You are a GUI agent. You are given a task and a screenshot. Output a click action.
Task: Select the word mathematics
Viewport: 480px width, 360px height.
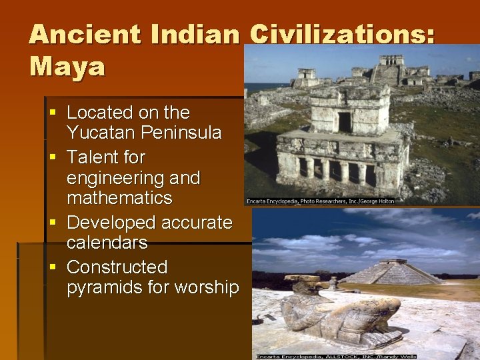[x=119, y=198]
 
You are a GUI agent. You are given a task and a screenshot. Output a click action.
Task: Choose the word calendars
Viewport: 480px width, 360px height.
[x=107, y=242]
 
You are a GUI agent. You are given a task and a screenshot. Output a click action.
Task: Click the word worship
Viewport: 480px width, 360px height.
[x=207, y=287]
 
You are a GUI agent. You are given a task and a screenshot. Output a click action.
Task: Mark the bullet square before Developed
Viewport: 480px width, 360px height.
[x=53, y=222]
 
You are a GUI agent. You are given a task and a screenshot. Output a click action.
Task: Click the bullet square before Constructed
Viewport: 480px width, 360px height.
[x=53, y=267]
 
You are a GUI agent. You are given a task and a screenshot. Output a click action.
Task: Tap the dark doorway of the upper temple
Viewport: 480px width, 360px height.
[x=344, y=122]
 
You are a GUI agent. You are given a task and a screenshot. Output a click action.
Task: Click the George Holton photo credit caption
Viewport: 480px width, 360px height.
[x=320, y=201]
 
